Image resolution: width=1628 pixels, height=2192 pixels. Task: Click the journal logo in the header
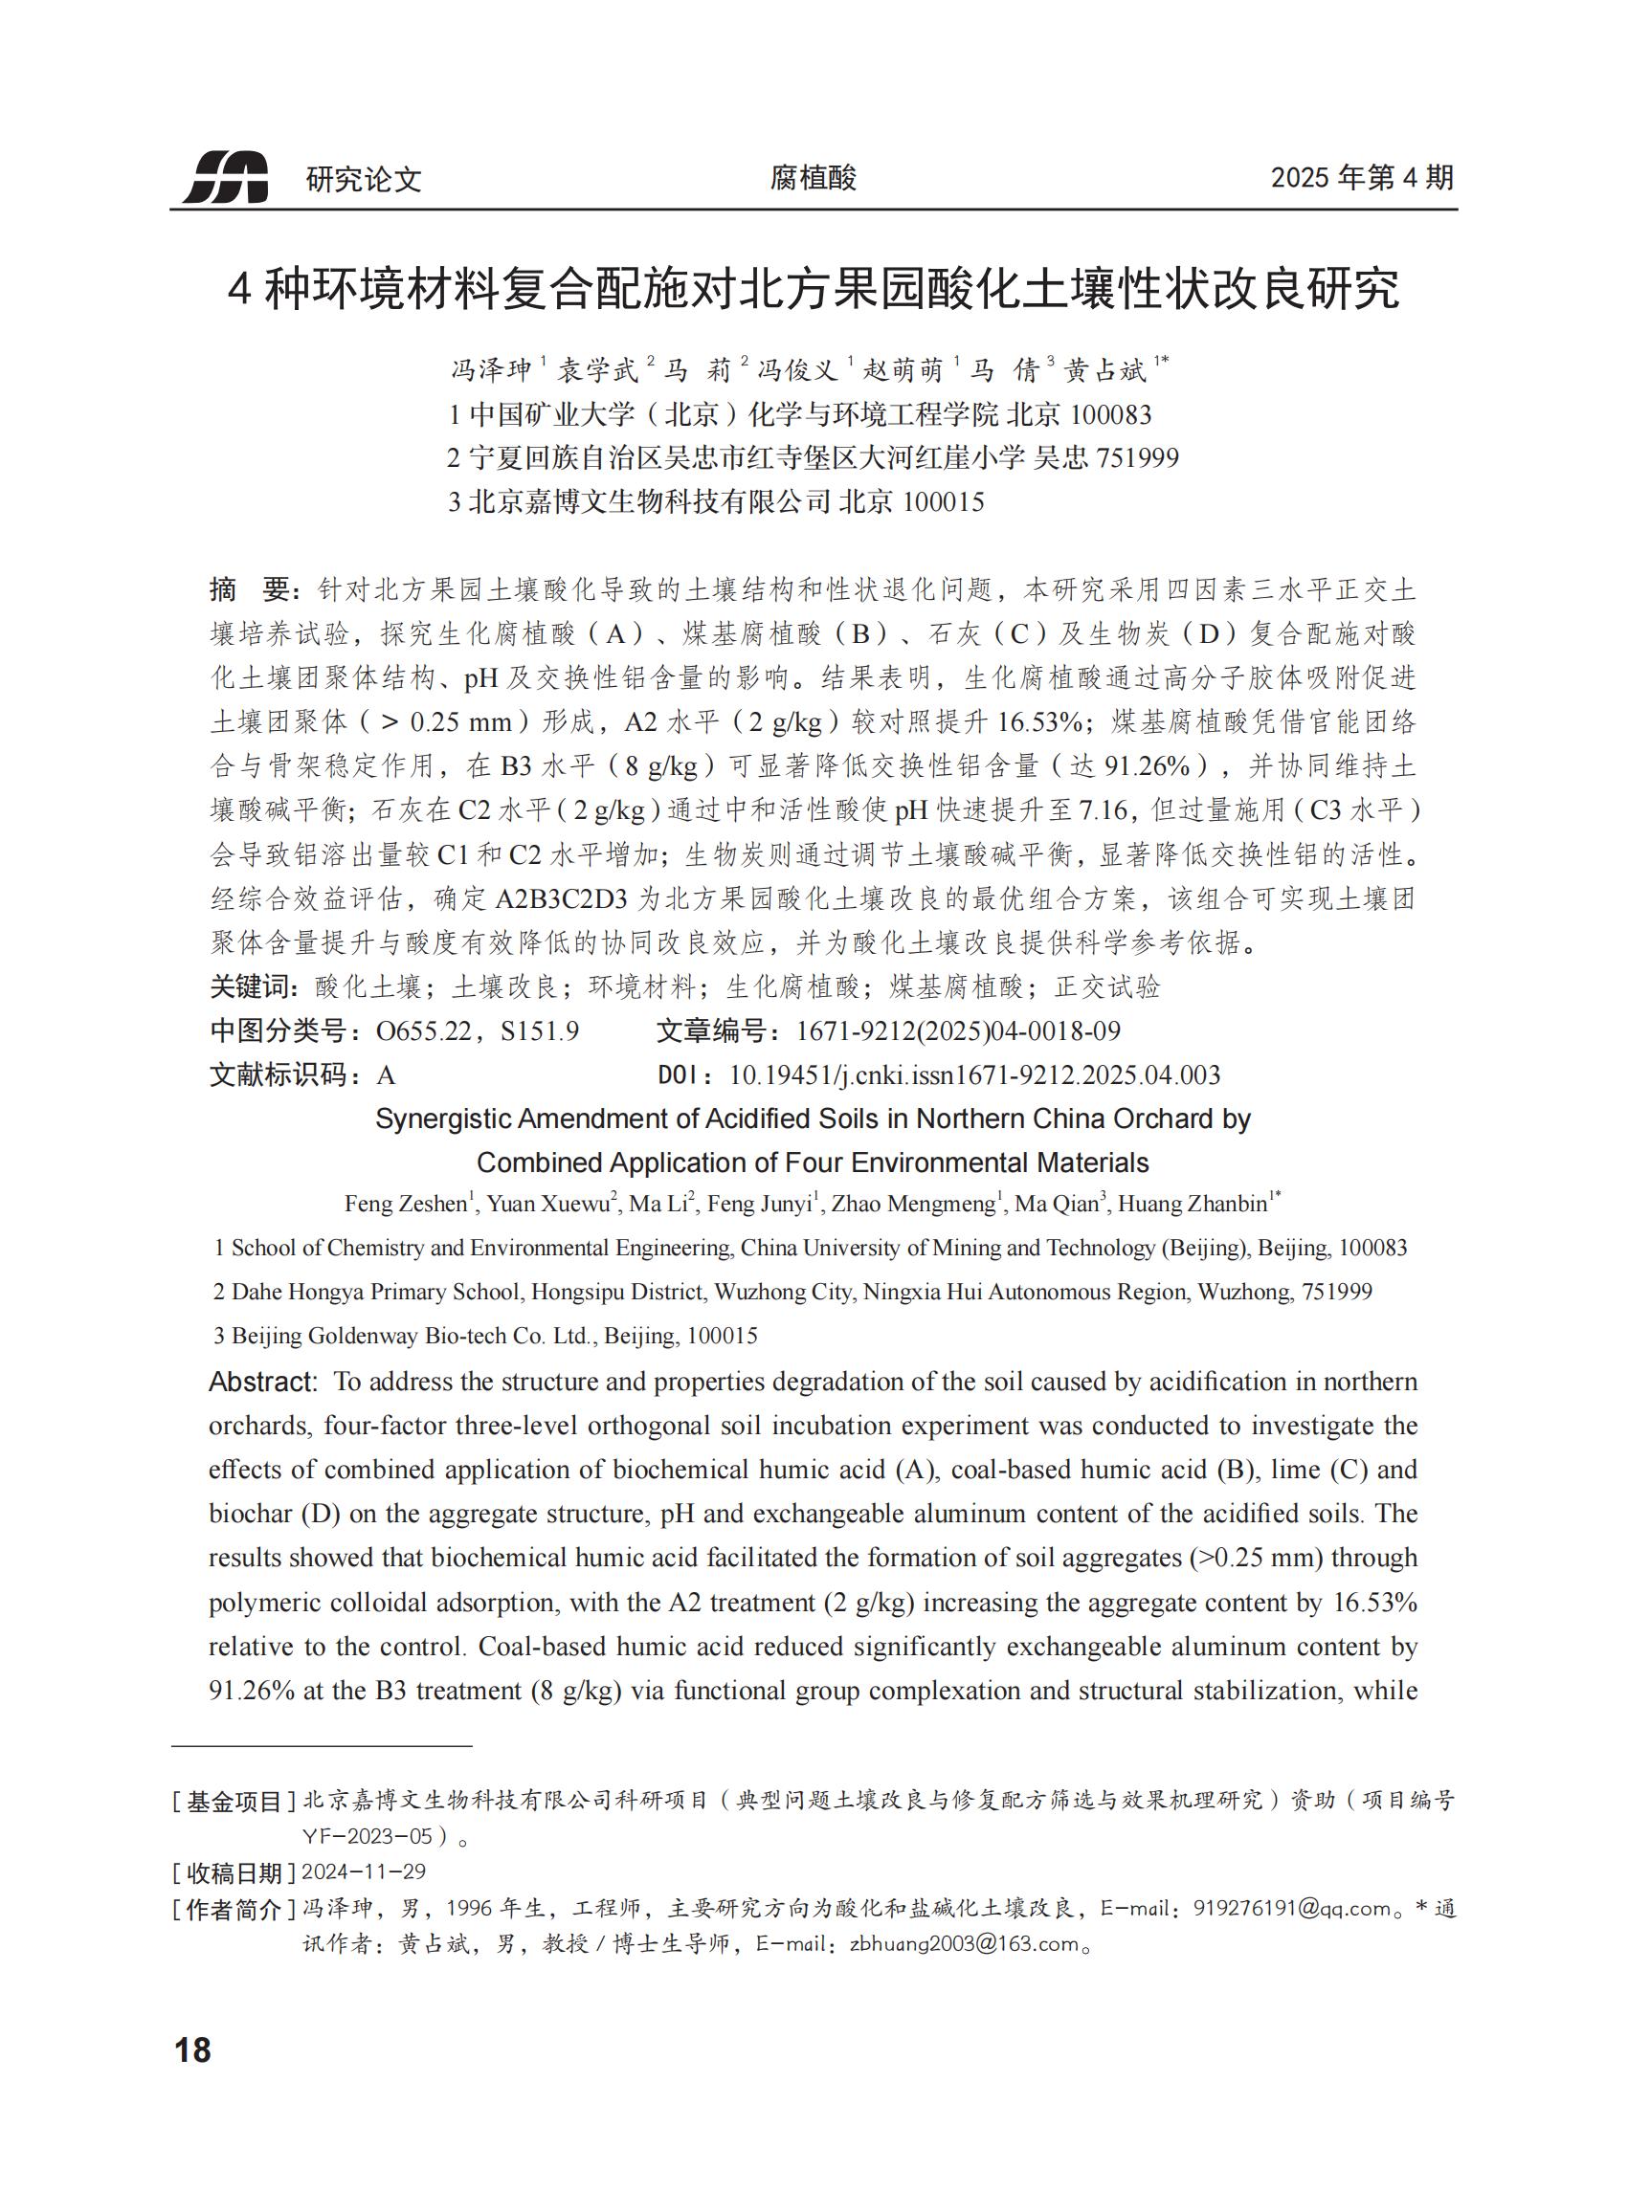coord(226,177)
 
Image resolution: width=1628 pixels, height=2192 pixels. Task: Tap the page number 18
coord(193,2050)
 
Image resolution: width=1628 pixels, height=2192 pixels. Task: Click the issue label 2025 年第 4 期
coord(1362,177)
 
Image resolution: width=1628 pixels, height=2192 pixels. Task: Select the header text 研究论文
coord(364,179)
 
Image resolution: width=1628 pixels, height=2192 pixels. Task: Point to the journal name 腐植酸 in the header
coord(813,177)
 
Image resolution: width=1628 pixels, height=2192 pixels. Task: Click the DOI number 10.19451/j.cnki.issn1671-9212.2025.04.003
coord(973,1074)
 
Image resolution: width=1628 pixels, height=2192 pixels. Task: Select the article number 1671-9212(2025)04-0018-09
coord(958,1030)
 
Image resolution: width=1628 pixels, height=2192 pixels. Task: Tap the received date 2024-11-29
coord(364,1871)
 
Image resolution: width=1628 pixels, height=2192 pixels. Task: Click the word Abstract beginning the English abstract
coord(262,1383)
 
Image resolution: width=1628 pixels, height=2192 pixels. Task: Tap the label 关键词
coord(253,986)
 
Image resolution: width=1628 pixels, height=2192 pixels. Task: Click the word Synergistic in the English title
coord(443,1119)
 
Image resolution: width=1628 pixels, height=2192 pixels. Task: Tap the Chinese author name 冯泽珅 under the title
coord(491,370)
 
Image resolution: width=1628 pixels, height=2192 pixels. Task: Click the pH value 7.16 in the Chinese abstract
coord(1103,809)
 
